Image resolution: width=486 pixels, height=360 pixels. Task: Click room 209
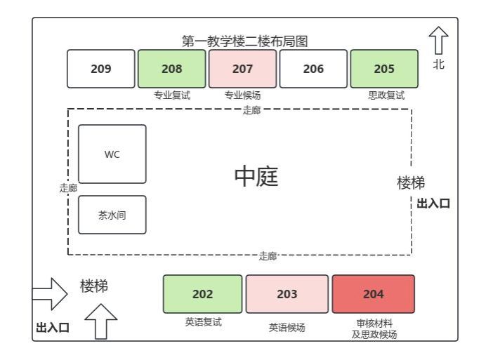100,69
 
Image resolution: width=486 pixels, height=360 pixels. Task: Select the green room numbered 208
171,69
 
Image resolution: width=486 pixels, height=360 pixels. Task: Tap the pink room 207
242,69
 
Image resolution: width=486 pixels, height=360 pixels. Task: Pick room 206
313,69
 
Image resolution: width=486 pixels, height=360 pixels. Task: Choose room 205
383,69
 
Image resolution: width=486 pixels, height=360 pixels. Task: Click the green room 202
202,294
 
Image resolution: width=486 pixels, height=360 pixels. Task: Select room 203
287,294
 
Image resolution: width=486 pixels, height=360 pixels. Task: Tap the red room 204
373,294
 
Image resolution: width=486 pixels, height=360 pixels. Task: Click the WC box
112,154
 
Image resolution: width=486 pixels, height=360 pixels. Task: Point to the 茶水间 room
112,215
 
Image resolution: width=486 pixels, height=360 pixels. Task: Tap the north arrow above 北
438,41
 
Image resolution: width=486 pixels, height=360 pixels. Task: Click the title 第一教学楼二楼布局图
244,42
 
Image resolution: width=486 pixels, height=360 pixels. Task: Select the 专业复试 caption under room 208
172,96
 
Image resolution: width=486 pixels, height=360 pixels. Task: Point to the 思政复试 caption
386,96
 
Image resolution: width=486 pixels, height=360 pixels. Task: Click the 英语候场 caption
287,327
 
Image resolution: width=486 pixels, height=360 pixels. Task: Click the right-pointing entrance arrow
50,294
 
